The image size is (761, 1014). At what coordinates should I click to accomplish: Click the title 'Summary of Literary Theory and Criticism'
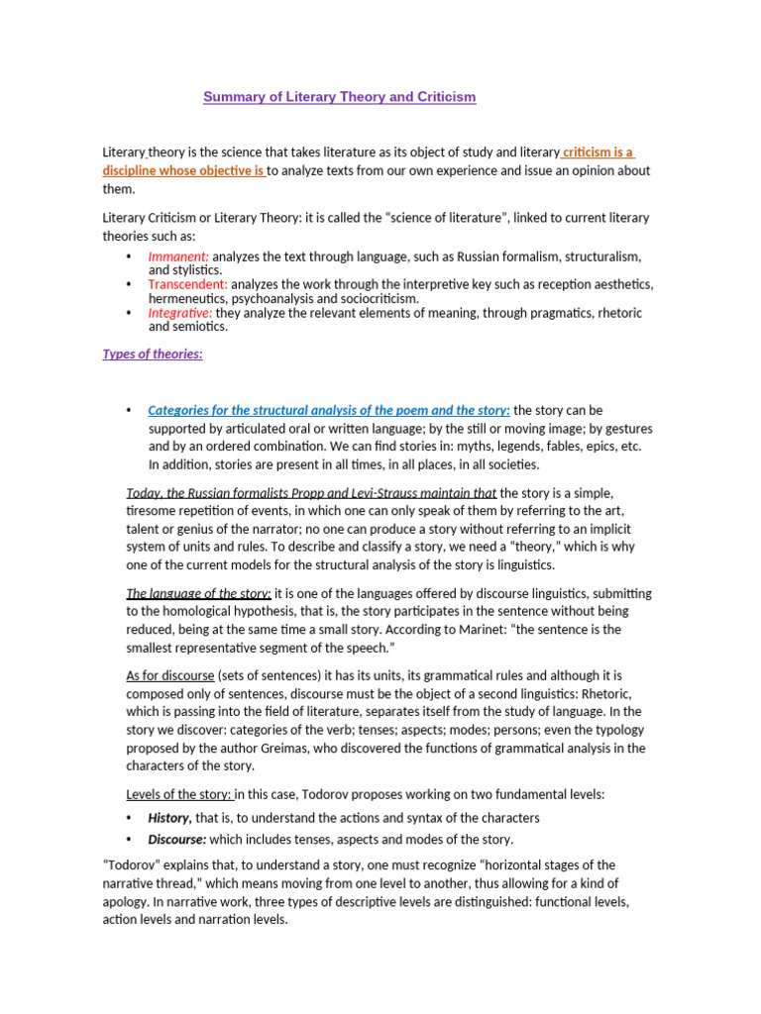tap(339, 97)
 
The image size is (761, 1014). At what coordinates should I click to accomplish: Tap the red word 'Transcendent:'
tap(188, 284)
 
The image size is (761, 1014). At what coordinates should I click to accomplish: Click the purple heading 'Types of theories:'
tap(153, 355)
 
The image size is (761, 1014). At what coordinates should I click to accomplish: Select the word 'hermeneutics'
tap(187, 298)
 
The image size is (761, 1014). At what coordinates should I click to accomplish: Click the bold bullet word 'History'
tap(168, 818)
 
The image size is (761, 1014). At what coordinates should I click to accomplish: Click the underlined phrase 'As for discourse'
tap(169, 675)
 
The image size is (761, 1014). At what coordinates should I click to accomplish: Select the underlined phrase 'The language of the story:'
tap(198, 593)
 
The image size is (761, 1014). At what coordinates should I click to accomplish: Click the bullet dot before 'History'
tap(130, 818)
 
